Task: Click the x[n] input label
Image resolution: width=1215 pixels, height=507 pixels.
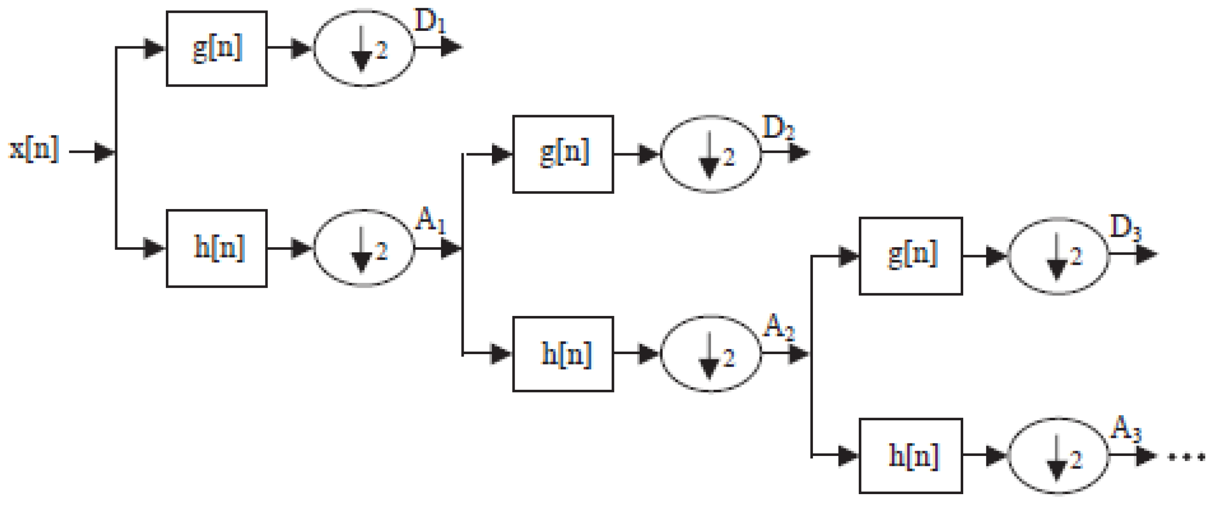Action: pyautogui.click(x=34, y=149)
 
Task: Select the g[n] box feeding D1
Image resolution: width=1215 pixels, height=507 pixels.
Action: pyautogui.click(x=217, y=49)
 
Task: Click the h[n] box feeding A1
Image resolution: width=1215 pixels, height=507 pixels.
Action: pyautogui.click(x=217, y=248)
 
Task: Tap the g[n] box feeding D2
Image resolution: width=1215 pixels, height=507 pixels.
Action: pyautogui.click(x=563, y=154)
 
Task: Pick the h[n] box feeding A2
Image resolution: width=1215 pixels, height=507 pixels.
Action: pyautogui.click(x=563, y=354)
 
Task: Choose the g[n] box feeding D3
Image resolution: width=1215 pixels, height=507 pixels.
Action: pyautogui.click(x=910, y=256)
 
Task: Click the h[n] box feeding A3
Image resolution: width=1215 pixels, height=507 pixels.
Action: pyautogui.click(x=910, y=455)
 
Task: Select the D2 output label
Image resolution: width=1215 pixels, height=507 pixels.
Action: pyautogui.click(x=778, y=128)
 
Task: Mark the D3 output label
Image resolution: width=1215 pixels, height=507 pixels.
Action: pyautogui.click(x=1125, y=228)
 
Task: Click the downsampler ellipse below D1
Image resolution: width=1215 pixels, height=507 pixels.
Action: pyautogui.click(x=363, y=48)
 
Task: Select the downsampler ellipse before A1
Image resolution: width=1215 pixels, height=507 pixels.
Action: pyautogui.click(x=363, y=248)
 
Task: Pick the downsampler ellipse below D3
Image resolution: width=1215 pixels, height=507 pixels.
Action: pyautogui.click(x=1059, y=256)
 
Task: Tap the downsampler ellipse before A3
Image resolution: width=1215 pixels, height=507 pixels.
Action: pyautogui.click(x=1059, y=456)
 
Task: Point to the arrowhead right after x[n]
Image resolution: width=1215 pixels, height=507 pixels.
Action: pyautogui.click(x=104, y=152)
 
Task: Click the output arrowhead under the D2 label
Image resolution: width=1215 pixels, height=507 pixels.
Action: pyautogui.click(x=799, y=152)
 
